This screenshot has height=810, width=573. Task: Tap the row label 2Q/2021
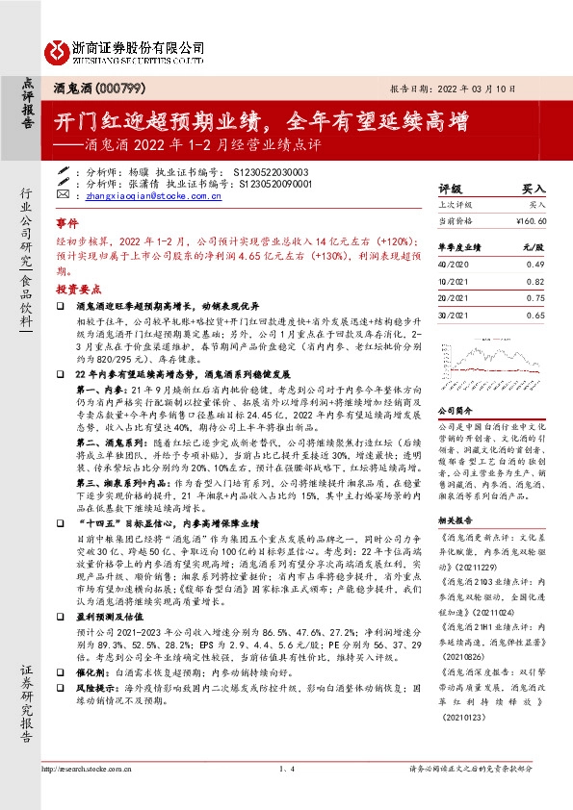click(x=452, y=297)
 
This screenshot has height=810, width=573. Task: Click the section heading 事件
click(x=65, y=220)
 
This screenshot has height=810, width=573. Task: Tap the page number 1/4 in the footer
click(x=285, y=769)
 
